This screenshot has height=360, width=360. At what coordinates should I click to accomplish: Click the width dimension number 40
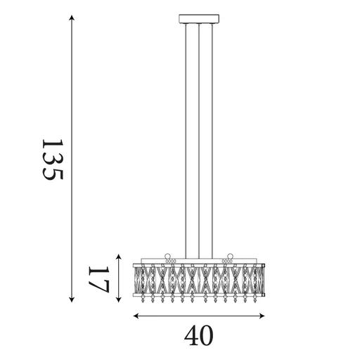pos(198,336)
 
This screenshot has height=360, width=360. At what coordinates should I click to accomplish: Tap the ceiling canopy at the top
pos(199,19)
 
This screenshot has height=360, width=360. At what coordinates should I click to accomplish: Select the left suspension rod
pos(186,141)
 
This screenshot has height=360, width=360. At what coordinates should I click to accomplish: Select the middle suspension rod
pos(199,141)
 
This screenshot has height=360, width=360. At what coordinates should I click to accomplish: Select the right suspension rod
pos(212,141)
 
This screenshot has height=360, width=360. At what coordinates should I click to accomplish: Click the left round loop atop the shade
pos(168,256)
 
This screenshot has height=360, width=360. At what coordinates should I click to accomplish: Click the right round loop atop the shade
pos(229,256)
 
